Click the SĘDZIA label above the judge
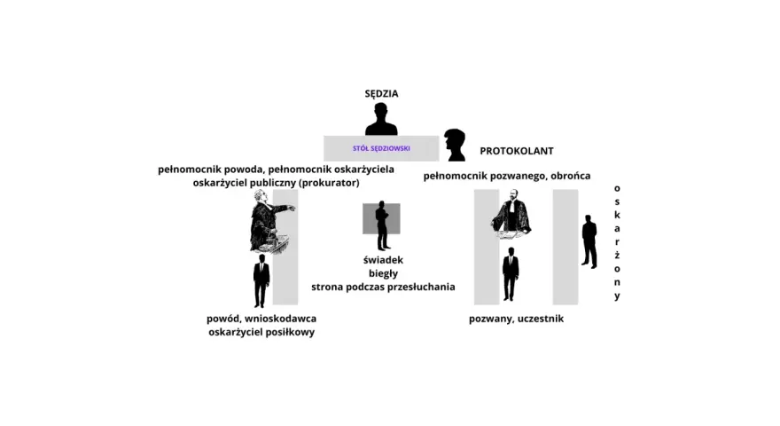pyautogui.click(x=381, y=93)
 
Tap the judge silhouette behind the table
pyautogui.click(x=381, y=120)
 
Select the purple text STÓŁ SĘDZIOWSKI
pyautogui.click(x=381, y=148)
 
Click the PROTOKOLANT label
pyautogui.click(x=517, y=151)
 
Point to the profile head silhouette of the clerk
pyautogui.click(x=456, y=145)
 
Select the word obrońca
pyautogui.click(x=571, y=176)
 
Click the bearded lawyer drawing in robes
pyautogui.click(x=511, y=213)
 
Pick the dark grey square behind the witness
pyautogui.click(x=381, y=218)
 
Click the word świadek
pyautogui.click(x=383, y=260)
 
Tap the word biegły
pyautogui.click(x=383, y=273)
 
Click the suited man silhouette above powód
pyautogui.click(x=261, y=280)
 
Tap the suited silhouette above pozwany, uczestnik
pyautogui.click(x=511, y=274)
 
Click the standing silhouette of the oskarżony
pyautogui.click(x=589, y=242)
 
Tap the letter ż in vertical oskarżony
pyautogui.click(x=617, y=255)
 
